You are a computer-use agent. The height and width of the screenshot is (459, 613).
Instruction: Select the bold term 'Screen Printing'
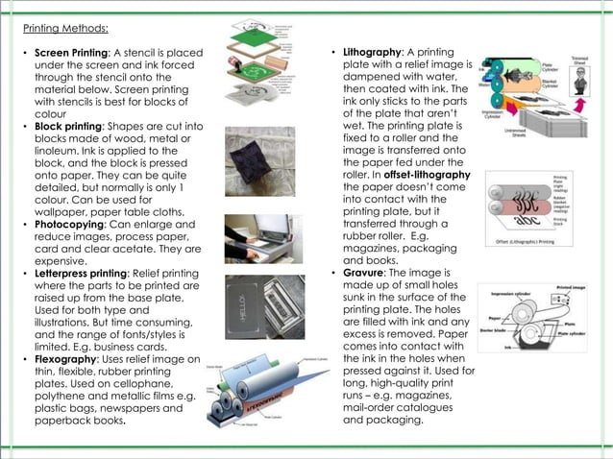[72, 52]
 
